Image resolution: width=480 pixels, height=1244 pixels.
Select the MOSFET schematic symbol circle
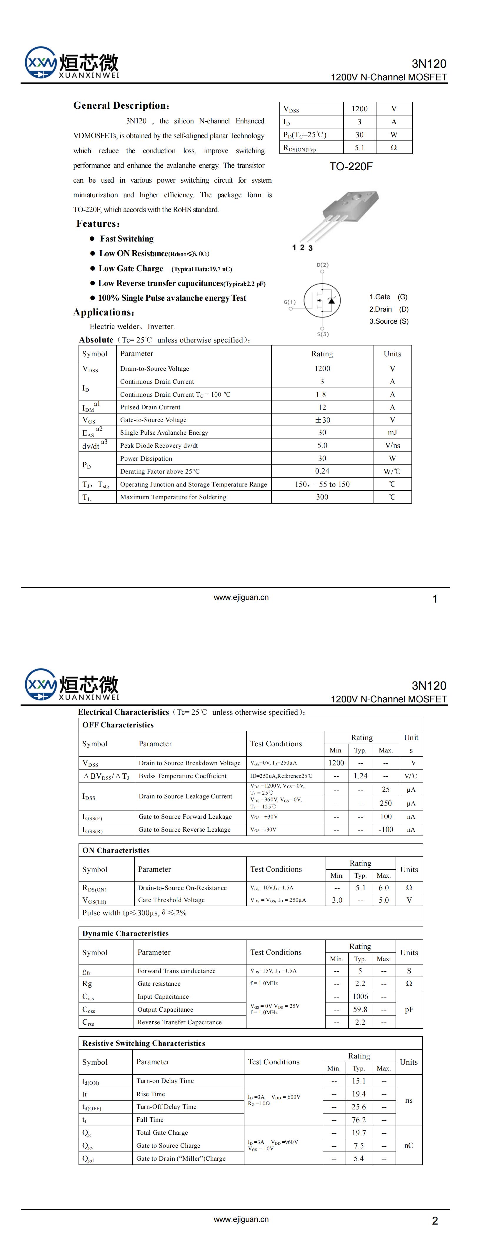tap(322, 300)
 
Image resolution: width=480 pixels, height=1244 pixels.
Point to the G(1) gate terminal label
tap(289, 302)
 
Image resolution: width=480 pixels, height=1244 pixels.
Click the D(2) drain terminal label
tap(323, 265)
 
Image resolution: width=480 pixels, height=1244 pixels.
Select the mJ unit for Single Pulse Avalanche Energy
tap(392, 433)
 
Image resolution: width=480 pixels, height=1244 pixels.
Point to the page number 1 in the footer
tap(435, 599)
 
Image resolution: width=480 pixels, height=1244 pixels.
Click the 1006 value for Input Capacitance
tap(360, 996)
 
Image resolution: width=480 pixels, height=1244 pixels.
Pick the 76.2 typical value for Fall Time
tap(359, 1119)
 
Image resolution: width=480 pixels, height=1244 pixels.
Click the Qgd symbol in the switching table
tap(88, 1159)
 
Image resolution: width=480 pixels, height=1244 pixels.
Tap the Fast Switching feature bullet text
tap(127, 239)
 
